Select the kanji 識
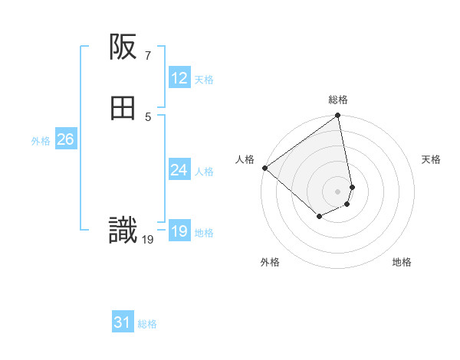[x=123, y=231]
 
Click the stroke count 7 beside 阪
[x=147, y=55]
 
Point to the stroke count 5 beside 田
[x=147, y=116]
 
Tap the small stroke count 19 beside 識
[x=148, y=240]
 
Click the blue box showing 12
[x=179, y=78]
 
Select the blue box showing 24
[x=179, y=170]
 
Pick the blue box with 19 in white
[x=179, y=231]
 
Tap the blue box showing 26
[x=65, y=139]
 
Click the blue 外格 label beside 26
[x=41, y=141]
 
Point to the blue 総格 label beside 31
[x=147, y=324]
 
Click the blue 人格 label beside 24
[x=204, y=172]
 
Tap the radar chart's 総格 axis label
[x=338, y=100]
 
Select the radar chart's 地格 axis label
[x=402, y=262]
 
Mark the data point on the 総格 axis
[x=338, y=116]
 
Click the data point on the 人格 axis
[x=264, y=168]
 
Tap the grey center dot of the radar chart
[x=338, y=191]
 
